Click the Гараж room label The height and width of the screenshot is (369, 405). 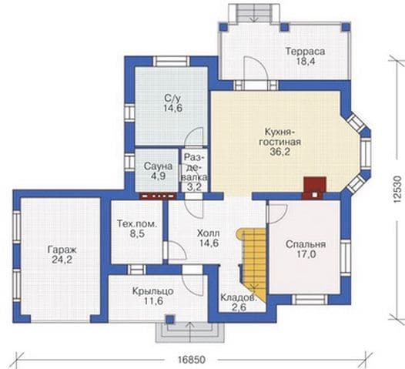tap(62, 250)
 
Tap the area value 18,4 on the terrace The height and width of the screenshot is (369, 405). tap(305, 62)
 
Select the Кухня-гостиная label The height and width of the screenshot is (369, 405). tap(279, 137)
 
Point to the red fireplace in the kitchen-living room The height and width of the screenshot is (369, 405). tap(314, 188)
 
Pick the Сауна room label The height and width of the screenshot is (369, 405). tap(158, 166)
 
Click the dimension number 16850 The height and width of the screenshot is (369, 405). tap(192, 360)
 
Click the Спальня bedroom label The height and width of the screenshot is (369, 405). tap(306, 244)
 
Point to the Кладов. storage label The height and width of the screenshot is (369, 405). tap(239, 297)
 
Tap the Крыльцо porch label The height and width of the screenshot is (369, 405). tap(152, 291)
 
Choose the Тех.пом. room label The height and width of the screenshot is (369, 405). tap(137, 223)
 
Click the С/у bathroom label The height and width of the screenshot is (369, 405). tap(172, 98)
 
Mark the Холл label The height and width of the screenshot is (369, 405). tap(209, 233)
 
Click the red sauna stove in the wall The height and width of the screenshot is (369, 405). tap(158, 196)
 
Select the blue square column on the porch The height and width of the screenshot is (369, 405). tap(169, 320)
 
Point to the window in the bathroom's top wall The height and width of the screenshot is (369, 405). tap(172, 61)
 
